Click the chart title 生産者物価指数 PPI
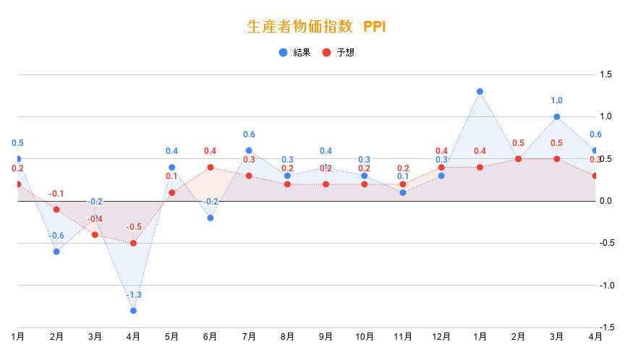tap(316, 27)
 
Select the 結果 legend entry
tap(296, 53)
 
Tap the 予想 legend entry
tap(339, 53)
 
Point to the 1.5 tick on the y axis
tap(606, 74)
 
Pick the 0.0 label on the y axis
tap(606, 201)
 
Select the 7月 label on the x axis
tap(249, 337)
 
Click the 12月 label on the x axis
tap(441, 337)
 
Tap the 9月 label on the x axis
tap(326, 337)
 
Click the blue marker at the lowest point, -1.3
tap(133, 311)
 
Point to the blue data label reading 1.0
tap(556, 100)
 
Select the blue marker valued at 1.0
tap(556, 116)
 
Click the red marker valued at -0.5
tap(133, 243)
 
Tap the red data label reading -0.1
tap(56, 194)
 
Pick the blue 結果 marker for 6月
tap(211, 218)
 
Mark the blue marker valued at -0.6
tap(56, 252)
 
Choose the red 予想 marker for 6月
tap(211, 167)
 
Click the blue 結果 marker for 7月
tap(249, 150)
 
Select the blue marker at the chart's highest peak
tap(480, 91)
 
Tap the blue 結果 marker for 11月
tap(403, 192)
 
